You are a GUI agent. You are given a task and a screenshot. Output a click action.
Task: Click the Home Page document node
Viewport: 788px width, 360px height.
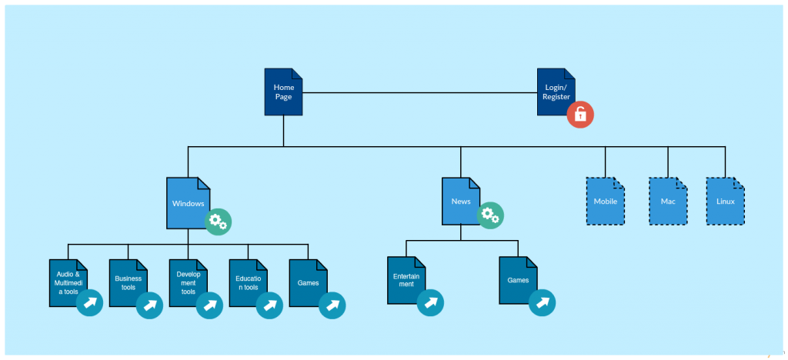point(283,92)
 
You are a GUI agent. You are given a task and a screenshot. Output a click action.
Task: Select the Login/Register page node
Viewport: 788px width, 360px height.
point(556,92)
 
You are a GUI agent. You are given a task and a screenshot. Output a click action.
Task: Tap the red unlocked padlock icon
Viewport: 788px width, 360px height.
point(580,115)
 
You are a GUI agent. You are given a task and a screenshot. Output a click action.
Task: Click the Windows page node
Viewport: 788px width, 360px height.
point(188,203)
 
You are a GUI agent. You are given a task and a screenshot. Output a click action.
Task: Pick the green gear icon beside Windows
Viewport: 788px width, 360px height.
point(218,222)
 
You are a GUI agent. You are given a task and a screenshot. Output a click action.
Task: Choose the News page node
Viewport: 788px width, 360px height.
point(461,202)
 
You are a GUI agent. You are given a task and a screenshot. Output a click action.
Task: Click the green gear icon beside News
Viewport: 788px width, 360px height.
point(490,215)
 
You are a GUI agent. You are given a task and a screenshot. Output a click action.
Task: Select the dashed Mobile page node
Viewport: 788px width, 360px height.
point(605,202)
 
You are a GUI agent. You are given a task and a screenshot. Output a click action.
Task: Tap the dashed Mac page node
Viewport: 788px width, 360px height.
point(667,202)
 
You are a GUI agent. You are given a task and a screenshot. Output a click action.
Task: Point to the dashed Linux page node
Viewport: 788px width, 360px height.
point(725,202)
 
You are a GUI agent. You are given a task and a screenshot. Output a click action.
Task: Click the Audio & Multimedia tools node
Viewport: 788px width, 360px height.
point(68,283)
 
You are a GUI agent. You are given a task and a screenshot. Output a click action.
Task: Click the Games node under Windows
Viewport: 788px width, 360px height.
point(308,283)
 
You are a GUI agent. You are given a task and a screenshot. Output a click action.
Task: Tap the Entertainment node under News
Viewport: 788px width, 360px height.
point(406,280)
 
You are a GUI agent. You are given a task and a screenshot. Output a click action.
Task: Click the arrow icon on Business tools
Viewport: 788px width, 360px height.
point(149,305)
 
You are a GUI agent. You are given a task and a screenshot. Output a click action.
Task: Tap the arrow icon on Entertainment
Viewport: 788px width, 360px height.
point(430,302)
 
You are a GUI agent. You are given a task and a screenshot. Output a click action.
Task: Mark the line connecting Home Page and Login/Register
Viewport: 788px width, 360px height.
point(419,93)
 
